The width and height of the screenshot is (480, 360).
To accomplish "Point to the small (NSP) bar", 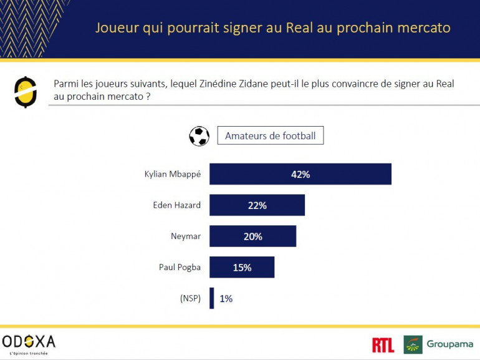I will [212, 298].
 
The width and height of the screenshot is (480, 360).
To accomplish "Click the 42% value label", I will [300, 174].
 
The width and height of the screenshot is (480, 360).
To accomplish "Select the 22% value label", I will [257, 205].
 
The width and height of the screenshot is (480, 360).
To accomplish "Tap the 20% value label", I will [252, 236].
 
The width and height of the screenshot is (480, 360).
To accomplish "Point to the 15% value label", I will [242, 267].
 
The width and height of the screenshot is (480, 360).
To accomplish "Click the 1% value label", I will [226, 298].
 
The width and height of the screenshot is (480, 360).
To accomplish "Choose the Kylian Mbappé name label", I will [173, 174].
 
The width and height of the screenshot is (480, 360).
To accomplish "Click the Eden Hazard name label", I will [177, 205].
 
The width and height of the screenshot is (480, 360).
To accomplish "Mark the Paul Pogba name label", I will [180, 267].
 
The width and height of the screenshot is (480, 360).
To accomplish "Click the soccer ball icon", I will [199, 136].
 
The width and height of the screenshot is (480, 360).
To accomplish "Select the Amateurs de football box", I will [271, 136].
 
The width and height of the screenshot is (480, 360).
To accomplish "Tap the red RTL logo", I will [383, 344].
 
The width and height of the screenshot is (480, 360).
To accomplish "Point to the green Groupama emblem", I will [413, 344].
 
